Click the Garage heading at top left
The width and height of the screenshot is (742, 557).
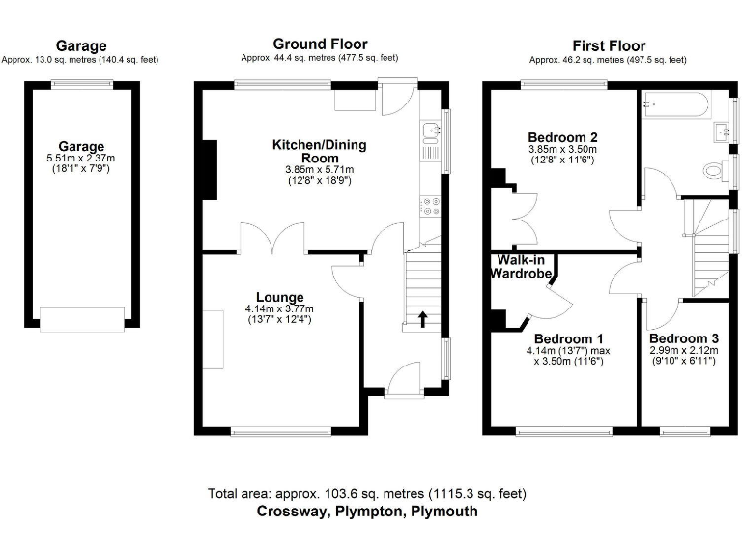point(81,45)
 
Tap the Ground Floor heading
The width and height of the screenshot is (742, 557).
point(320,44)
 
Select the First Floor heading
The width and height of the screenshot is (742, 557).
point(609,45)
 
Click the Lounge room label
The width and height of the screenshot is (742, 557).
point(280,297)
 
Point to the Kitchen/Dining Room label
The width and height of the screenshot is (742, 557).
point(319,151)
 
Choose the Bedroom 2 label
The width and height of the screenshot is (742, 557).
point(562,136)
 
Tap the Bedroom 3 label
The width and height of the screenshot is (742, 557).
point(683,339)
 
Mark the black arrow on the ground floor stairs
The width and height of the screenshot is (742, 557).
point(422,317)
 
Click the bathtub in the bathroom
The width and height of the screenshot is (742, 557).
point(675,103)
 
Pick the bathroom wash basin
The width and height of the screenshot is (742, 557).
point(724,131)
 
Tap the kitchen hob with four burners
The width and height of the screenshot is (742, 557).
point(431,206)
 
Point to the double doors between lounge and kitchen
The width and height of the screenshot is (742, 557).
point(274,239)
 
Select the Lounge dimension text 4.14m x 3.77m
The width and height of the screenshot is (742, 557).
point(280,309)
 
